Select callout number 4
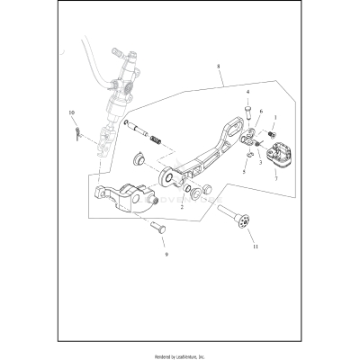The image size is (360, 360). coord(248,93)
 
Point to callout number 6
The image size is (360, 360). coord(261,112)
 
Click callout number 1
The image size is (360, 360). coord(274,118)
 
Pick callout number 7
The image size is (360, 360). coord(275,178)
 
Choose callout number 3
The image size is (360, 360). coord(261,164)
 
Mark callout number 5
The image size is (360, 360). coord(243,171)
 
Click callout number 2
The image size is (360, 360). coord(182,206)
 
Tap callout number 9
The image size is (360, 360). coord(166,254)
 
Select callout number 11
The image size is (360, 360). coord(254,246)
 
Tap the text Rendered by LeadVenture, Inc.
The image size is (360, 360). coord(180,354)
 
